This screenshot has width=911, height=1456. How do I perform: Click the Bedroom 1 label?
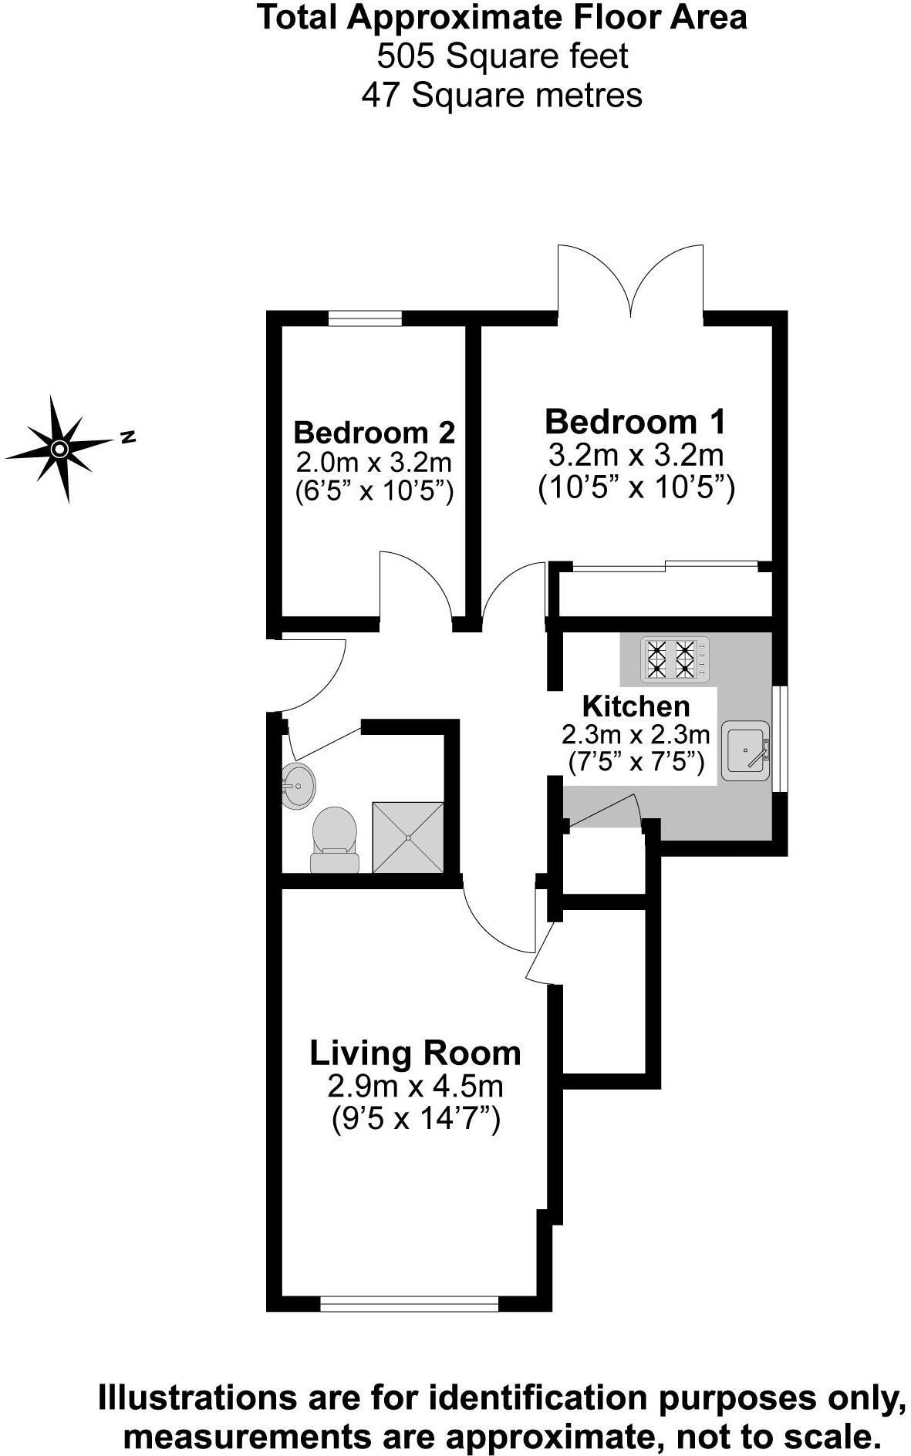635,422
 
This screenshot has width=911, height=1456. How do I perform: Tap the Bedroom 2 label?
374,432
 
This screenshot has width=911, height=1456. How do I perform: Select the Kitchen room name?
636,706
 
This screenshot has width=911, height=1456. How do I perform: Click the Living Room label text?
415,1053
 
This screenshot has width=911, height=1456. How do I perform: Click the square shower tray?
408,838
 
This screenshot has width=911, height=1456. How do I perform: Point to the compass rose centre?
59,448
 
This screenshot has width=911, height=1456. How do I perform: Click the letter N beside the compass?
128,437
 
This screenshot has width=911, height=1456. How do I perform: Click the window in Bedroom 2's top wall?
364,318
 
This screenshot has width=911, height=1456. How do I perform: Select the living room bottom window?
410,1303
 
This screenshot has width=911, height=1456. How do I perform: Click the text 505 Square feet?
501,56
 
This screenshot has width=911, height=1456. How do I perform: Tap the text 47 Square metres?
501,96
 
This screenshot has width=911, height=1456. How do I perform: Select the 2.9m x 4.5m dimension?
415,1086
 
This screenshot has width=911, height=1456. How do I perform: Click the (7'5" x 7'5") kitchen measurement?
636,763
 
